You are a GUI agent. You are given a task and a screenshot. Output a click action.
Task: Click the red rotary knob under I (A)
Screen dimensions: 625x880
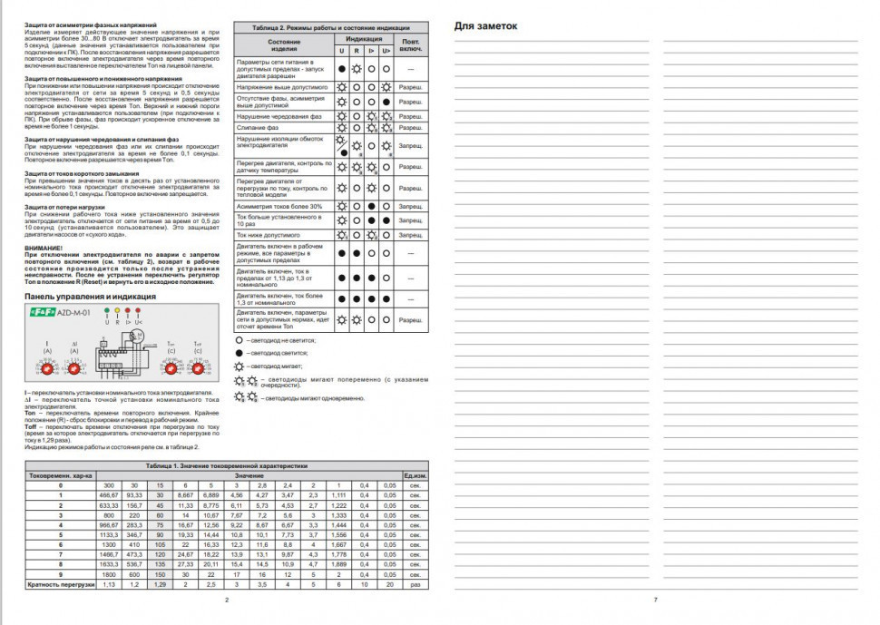[x=48, y=370]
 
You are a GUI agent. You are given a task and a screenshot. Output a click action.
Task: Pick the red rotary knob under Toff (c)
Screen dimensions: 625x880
[x=197, y=370]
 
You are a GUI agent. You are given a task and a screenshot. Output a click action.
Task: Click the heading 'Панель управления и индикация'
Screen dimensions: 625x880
[x=90, y=297]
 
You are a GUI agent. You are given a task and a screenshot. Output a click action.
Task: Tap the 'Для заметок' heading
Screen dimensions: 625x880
[x=484, y=26]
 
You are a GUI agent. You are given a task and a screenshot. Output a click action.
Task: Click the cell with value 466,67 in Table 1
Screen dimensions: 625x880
[x=110, y=495]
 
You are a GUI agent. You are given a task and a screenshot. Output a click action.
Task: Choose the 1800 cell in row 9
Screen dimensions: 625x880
[x=110, y=575]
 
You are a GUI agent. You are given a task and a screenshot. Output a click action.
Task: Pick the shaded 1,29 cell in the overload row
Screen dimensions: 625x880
[x=161, y=585]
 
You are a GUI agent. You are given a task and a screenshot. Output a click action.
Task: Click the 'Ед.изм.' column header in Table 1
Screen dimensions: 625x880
[x=415, y=475]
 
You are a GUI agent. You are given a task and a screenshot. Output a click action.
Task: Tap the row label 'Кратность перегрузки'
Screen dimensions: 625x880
[x=60, y=585]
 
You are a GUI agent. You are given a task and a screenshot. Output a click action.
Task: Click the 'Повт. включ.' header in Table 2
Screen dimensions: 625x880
[x=411, y=44]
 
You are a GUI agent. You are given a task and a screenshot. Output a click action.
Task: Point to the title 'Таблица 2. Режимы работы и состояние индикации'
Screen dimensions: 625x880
[x=329, y=28]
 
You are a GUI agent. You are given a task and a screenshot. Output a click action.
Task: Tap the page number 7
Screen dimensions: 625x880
[x=654, y=600]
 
